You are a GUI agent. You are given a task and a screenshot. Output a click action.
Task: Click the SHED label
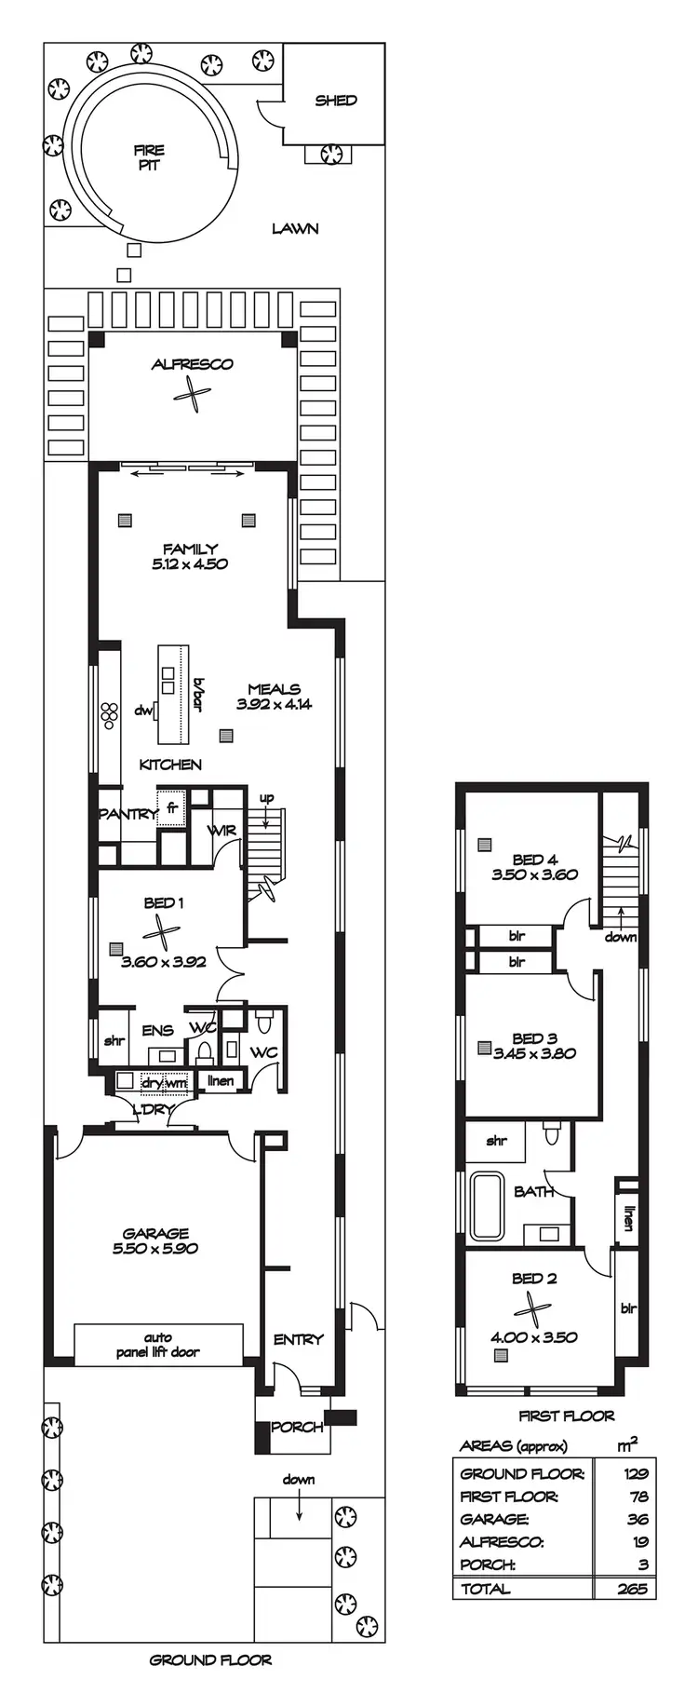coord(335,101)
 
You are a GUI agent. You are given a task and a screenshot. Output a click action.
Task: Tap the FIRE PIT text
coord(149,157)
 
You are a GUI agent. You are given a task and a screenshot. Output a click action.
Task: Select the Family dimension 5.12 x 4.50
coord(190,563)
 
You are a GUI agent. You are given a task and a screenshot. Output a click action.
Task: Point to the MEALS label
coord(274,689)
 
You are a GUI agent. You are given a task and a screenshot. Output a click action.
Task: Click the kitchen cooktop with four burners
coord(111,713)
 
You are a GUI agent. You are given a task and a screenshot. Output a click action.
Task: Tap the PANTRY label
coord(128,814)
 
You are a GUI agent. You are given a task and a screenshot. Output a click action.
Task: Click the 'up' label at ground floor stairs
coord(266,798)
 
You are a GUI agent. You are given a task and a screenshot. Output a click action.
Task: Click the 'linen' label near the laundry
coord(221,1080)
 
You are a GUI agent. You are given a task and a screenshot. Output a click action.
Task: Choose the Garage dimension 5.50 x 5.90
coord(155,1248)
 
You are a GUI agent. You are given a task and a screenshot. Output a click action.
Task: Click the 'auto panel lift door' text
coord(158,1345)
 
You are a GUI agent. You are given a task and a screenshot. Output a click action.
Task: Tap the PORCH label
coord(297,1427)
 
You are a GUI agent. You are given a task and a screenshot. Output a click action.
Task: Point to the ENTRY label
coord(298,1339)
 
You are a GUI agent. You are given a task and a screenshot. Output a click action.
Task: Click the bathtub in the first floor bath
coord(487,1206)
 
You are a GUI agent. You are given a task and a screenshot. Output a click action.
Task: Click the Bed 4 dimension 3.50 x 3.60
coord(534,874)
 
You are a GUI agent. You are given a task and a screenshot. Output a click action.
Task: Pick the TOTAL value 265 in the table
coord(632,1589)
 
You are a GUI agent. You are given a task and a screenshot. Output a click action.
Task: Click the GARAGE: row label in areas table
coord(495,1519)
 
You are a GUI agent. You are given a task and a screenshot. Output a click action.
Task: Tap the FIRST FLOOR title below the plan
coord(566,1416)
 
